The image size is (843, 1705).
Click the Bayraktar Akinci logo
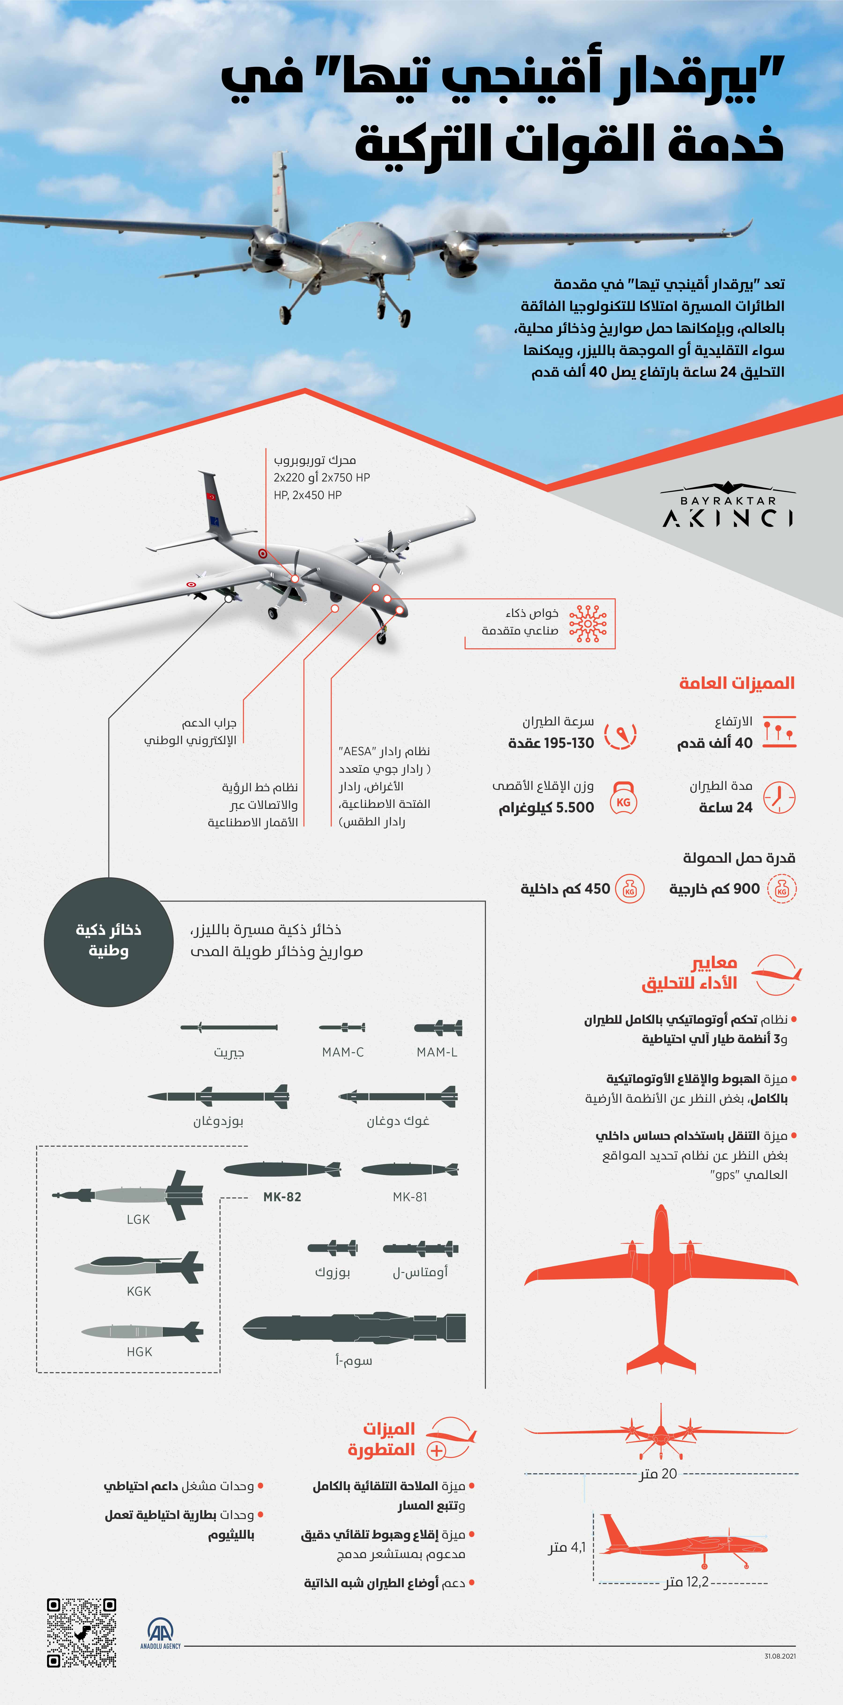[x=728, y=510]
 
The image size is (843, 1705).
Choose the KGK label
[x=139, y=1291]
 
